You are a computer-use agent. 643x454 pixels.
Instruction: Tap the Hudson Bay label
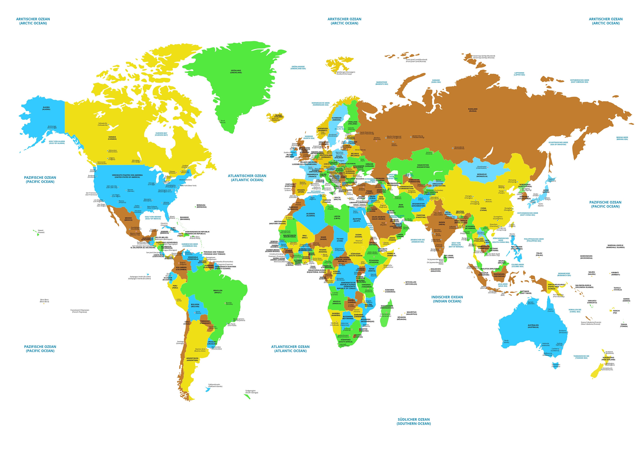(161, 134)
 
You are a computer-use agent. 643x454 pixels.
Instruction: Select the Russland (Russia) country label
(473, 110)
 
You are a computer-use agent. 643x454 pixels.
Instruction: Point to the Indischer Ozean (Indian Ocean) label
(447, 299)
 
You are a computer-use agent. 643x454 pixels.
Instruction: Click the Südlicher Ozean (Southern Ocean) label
(414, 421)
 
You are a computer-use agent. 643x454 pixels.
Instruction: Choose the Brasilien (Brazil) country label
(218, 292)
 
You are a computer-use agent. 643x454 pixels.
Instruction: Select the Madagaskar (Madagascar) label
(387, 307)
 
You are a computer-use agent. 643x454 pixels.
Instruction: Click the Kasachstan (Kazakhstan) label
(423, 166)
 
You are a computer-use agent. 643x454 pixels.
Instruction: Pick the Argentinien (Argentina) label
(192, 359)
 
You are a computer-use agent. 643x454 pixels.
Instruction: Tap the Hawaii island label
(41, 231)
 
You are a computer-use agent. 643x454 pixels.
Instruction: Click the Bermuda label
(201, 206)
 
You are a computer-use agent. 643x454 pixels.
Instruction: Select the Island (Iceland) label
(278, 116)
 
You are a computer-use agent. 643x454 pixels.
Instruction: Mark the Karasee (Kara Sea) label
(436, 81)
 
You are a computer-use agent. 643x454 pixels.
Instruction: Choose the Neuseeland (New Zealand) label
(608, 358)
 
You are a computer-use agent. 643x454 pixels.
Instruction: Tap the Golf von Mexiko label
(153, 218)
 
